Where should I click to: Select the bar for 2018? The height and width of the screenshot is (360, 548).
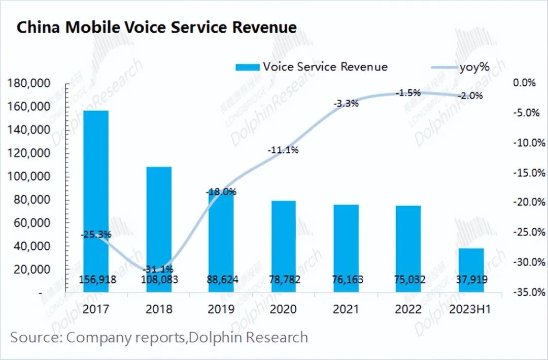[x=159, y=228]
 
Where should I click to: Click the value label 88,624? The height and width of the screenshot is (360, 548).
[x=222, y=279]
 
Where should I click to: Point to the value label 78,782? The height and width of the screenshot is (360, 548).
[x=284, y=279]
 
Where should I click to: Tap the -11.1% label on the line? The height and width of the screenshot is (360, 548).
[x=284, y=150]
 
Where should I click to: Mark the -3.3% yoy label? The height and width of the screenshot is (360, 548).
[x=346, y=104]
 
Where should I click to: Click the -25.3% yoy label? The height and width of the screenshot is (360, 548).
[x=96, y=235]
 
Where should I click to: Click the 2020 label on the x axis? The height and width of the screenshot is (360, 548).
[x=284, y=309]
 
